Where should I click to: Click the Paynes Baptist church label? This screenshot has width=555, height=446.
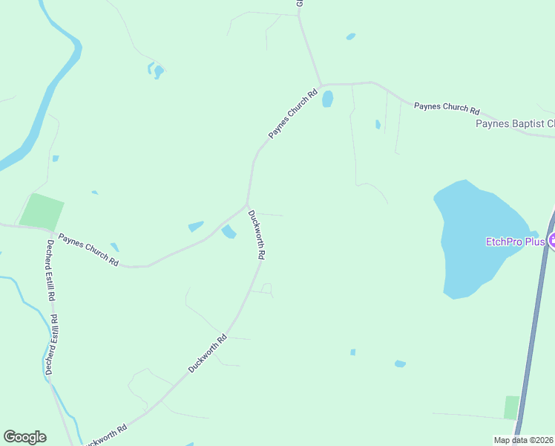pos(515,123)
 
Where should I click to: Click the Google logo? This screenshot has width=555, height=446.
pos(24,437)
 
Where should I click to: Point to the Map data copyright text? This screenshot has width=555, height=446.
pos(524,440)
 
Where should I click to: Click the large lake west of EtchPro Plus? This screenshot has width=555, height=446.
pos(475,238)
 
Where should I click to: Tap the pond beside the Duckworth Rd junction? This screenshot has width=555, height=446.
pos(229,233)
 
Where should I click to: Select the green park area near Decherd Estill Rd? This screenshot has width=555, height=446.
pos(41,210)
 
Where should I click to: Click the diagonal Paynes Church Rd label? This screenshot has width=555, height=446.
pos(292,114)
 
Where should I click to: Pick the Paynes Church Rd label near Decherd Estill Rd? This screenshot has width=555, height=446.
pos(88,251)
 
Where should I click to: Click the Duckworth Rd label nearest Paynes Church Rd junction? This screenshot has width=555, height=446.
pos(257,234)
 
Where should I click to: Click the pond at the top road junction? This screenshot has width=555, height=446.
pos(327,99)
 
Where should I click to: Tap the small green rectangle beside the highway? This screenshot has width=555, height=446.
pos(511,407)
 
